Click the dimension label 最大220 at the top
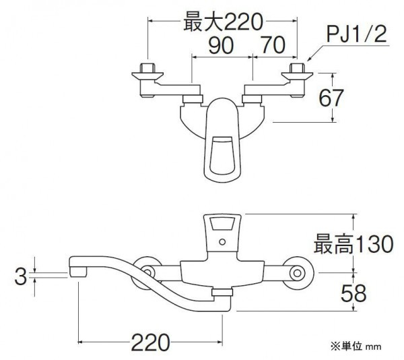point(223,23)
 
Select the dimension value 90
point(221,45)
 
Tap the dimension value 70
point(273,45)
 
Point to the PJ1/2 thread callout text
point(357,35)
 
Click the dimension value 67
point(331,98)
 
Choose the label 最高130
point(353,243)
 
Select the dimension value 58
point(353,293)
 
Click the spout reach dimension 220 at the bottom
point(151,342)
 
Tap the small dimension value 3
point(21,276)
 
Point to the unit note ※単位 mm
point(356,347)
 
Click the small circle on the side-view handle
point(222,242)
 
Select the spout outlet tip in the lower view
point(77,272)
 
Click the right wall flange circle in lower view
point(298,273)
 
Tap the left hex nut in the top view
point(147,68)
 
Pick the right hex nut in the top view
point(297,68)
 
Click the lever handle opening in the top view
point(222,155)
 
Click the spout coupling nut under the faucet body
point(222,293)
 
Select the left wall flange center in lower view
point(147,272)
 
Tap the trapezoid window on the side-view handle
point(222,223)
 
